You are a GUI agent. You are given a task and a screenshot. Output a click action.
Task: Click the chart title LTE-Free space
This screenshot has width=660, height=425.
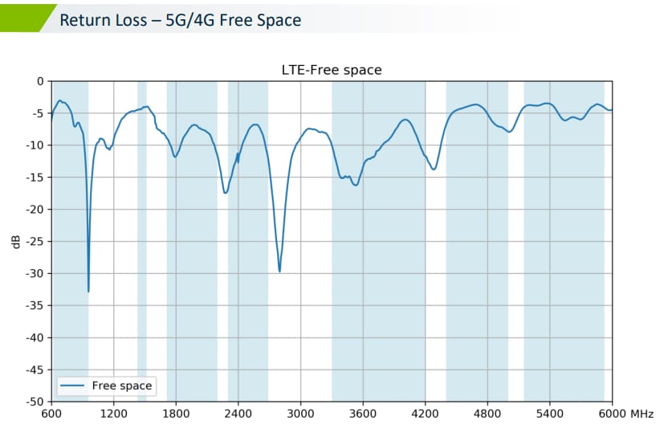click(x=332, y=70)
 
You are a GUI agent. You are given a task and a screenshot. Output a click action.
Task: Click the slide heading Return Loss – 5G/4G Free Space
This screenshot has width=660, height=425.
click(x=181, y=19)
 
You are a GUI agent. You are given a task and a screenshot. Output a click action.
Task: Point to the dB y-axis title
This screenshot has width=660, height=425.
click(x=16, y=240)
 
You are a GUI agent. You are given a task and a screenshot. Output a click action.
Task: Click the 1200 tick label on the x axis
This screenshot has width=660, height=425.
click(x=114, y=414)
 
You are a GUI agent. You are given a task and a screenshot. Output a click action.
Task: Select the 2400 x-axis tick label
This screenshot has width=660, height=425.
click(x=238, y=414)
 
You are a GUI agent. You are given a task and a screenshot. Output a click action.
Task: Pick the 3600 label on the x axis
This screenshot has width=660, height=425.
click(x=363, y=414)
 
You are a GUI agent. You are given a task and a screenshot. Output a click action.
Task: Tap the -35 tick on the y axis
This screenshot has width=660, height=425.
click(x=35, y=305)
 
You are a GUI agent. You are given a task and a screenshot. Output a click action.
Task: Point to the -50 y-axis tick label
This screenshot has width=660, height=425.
click(x=35, y=401)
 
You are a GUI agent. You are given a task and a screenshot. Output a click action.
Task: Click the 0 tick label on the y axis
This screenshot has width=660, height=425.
click(x=41, y=81)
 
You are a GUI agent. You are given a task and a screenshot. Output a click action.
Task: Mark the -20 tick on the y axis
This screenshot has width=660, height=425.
click(x=35, y=209)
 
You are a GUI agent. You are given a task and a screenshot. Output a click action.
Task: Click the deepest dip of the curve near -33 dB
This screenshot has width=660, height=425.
click(x=88, y=291)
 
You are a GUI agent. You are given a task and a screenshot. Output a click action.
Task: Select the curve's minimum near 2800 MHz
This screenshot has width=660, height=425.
click(x=279, y=272)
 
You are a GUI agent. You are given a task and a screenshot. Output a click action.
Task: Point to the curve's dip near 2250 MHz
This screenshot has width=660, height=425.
click(x=226, y=193)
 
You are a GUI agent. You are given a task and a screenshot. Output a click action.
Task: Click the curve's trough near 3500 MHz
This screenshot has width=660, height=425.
click(x=355, y=185)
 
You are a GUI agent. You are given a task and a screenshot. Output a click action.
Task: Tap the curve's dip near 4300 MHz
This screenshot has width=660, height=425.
click(x=434, y=169)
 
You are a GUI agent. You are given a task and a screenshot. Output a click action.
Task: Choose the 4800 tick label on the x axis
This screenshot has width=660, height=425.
click(x=487, y=414)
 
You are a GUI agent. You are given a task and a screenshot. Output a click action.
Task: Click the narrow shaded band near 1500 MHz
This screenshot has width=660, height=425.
click(x=142, y=241)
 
